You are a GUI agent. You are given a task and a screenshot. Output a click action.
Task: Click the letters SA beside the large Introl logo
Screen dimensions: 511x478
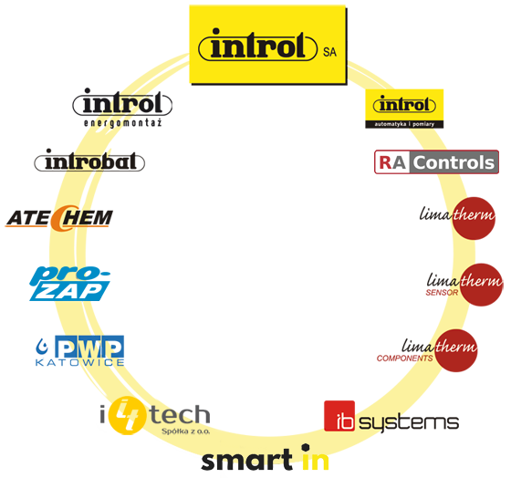tap(329, 52)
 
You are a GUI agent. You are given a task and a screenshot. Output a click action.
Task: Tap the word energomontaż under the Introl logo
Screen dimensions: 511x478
tap(123, 123)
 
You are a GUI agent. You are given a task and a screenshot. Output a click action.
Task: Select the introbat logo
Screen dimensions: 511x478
tap(89, 161)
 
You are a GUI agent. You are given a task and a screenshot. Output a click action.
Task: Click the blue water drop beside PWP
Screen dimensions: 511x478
tap(42, 347)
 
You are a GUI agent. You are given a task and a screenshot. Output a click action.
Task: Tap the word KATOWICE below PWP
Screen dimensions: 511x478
tap(80, 362)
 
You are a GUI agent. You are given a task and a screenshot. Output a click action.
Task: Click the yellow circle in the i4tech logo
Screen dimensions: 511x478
tap(126, 415)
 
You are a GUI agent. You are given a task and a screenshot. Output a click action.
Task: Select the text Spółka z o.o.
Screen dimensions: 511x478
tap(186, 431)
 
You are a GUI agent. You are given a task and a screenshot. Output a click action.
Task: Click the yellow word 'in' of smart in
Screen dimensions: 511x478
tap(315, 457)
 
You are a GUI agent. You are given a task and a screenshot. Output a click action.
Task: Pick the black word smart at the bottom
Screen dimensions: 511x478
tap(246, 460)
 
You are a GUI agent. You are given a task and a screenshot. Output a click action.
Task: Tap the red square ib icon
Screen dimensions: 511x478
tap(339, 416)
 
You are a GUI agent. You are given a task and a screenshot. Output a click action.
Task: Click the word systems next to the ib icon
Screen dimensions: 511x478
tap(409, 423)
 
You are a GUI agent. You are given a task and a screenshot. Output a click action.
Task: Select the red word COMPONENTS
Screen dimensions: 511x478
tap(404, 358)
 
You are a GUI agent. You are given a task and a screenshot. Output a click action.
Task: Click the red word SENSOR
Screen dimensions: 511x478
tap(442, 293)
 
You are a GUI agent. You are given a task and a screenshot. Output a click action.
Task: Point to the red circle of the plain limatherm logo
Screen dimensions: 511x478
tap(474, 218)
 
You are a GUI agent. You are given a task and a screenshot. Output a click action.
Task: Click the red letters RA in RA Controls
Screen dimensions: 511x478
tap(392, 162)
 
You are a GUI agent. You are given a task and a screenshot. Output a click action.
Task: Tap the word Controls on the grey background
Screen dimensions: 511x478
tap(454, 162)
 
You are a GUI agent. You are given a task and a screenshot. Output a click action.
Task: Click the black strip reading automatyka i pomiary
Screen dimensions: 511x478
tap(404, 124)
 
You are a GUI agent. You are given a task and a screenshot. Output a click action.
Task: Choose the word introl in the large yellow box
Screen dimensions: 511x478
tap(258, 46)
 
